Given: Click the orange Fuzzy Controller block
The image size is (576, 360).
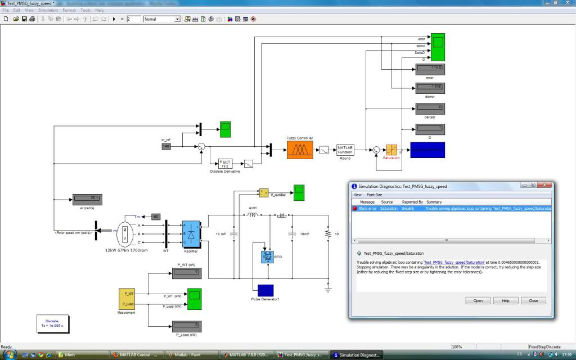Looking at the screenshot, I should click(x=299, y=150).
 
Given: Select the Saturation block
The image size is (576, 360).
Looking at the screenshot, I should click(x=391, y=150).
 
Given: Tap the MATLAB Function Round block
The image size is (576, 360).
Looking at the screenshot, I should click(x=345, y=150).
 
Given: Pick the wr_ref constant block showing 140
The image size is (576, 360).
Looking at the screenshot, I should click(x=166, y=146).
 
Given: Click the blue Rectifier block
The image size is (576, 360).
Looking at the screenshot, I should click(x=191, y=233).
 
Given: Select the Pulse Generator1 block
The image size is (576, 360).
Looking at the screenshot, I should click(x=265, y=290).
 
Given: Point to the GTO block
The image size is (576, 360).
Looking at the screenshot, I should click(x=267, y=257).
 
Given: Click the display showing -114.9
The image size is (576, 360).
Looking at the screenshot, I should click(x=430, y=69).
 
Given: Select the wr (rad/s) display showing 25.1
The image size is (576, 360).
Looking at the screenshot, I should click(x=86, y=198).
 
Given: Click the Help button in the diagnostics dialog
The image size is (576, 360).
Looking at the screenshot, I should click(x=505, y=300).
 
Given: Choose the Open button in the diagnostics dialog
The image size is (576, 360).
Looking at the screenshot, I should click(x=478, y=300).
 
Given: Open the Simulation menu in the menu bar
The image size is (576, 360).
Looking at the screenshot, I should click(x=48, y=10).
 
